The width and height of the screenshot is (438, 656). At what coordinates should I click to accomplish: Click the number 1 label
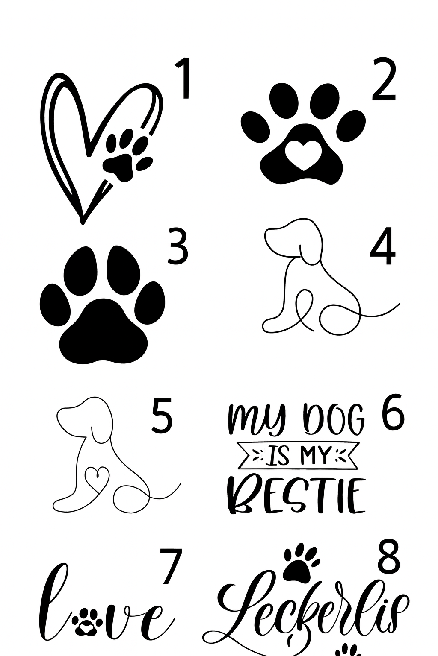coord(183,79)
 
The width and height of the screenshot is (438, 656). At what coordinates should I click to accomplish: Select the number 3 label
coord(177,246)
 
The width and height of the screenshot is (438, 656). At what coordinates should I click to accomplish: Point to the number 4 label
coord(382,246)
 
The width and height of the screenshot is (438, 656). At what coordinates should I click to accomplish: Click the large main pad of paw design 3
coord(104,331)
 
